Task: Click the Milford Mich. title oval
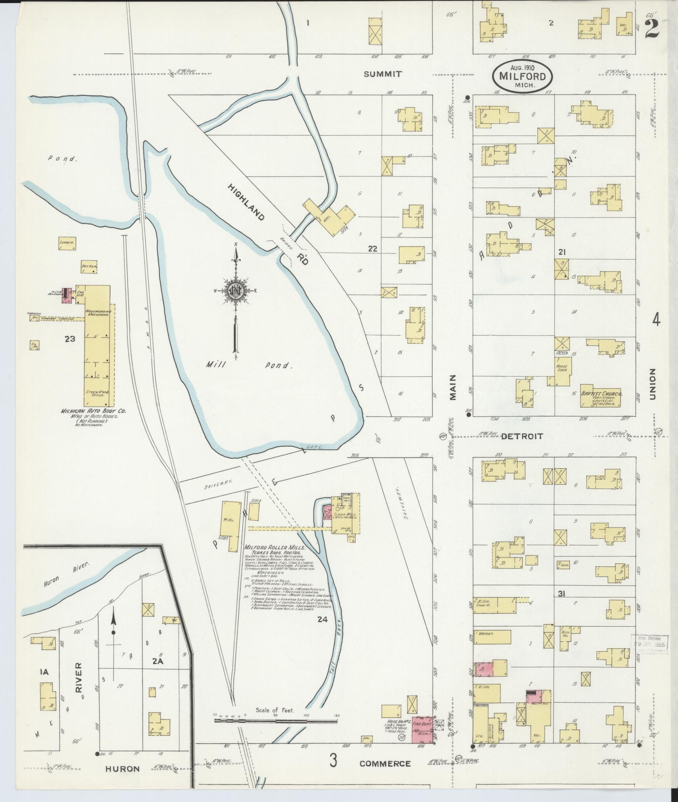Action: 523,77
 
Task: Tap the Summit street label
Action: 383,74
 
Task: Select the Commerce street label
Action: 385,764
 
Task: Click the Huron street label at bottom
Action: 122,769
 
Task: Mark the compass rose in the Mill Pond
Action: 236,291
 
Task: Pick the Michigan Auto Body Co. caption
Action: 93,411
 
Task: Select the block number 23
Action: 70,339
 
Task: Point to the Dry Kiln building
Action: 89,268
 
